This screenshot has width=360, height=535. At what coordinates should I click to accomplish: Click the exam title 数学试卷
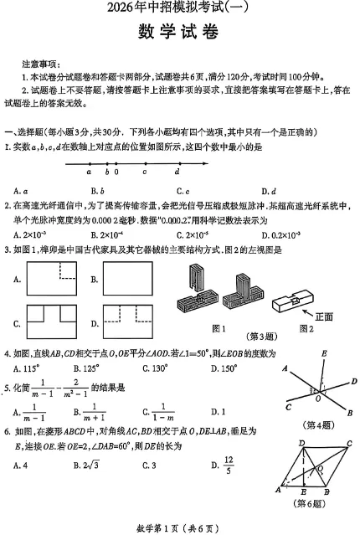[179, 34]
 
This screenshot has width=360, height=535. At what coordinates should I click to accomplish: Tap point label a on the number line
[89, 172]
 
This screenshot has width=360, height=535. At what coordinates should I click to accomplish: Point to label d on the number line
[177, 172]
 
